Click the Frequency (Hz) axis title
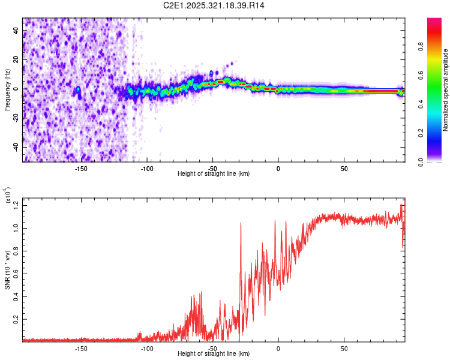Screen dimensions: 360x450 (7, 89)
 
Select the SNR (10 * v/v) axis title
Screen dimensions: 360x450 (7, 268)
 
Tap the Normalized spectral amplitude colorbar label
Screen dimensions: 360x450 (446, 90)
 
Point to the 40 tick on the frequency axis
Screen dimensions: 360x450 (16, 31)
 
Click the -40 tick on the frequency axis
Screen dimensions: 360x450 (16, 147)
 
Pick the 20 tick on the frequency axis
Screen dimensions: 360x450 (16, 60)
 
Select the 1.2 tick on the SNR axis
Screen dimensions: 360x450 (16, 205)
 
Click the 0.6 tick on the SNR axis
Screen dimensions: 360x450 (16, 274)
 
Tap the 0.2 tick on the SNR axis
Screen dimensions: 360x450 (16, 319)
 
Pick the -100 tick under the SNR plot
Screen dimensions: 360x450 (146, 349)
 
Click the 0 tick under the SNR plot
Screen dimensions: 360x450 (278, 349)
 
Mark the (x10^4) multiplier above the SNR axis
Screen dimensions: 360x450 (8, 196)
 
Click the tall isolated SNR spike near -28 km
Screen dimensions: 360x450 (241, 223)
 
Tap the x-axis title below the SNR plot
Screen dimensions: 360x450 (214, 354)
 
